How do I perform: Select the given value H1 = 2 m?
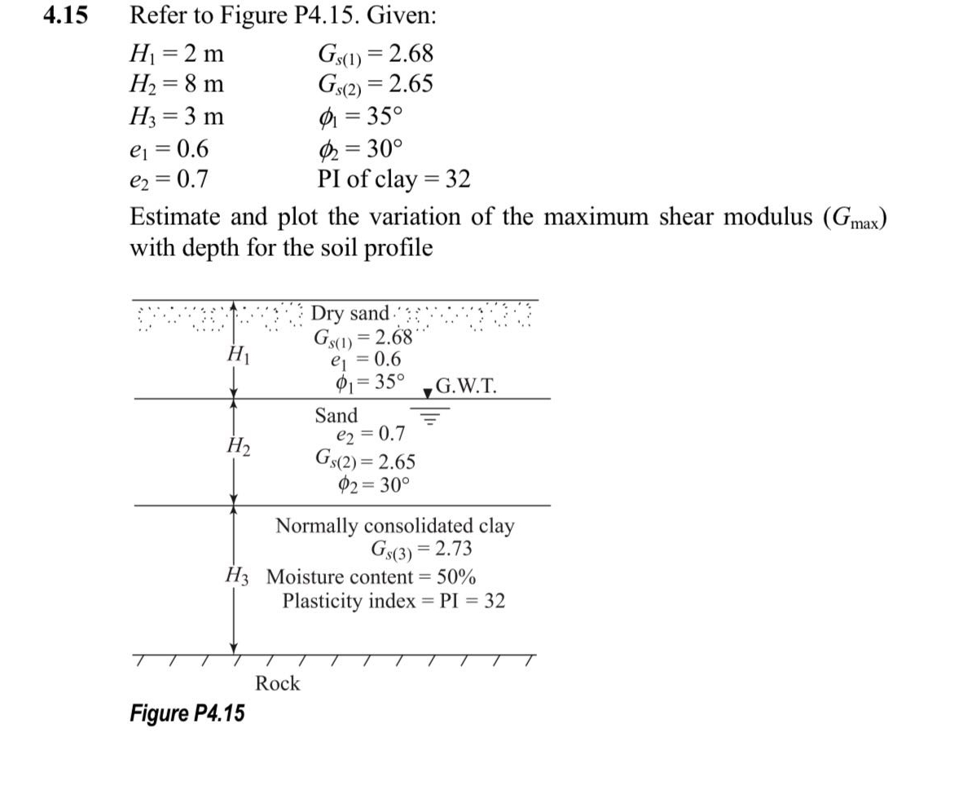point(178,55)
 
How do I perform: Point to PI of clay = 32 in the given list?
point(394,178)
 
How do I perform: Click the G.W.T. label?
point(465,386)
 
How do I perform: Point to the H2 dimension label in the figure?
point(238,447)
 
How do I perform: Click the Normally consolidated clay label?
point(394,525)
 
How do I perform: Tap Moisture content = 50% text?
point(372,576)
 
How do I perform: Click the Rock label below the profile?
point(278,683)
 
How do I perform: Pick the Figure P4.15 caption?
point(187,713)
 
